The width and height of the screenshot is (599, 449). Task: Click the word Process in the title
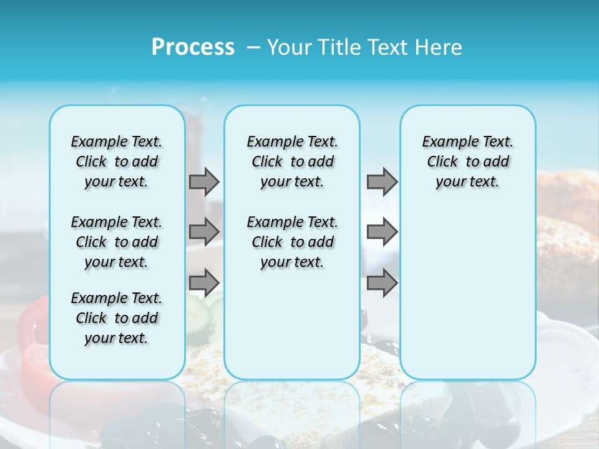click(x=193, y=47)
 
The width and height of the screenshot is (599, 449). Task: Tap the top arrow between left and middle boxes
click(x=204, y=181)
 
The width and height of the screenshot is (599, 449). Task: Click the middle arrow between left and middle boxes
click(x=204, y=232)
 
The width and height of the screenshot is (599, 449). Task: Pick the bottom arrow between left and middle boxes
click(x=204, y=282)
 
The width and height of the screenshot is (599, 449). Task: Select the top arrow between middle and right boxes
click(x=382, y=181)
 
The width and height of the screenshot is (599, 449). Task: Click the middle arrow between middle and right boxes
click(x=382, y=232)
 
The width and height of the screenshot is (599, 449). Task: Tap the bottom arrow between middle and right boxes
click(x=382, y=282)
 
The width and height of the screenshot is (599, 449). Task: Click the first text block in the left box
click(x=117, y=162)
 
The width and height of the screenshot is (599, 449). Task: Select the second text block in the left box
click(x=117, y=242)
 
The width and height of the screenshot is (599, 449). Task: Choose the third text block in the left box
click(x=117, y=318)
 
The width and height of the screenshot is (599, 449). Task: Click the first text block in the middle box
click(x=292, y=162)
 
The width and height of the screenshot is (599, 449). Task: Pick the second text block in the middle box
click(x=292, y=242)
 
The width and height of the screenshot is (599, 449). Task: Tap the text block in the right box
click(x=467, y=162)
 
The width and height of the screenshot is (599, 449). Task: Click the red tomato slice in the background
click(x=31, y=337)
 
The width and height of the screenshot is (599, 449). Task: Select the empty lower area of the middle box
click(x=292, y=324)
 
